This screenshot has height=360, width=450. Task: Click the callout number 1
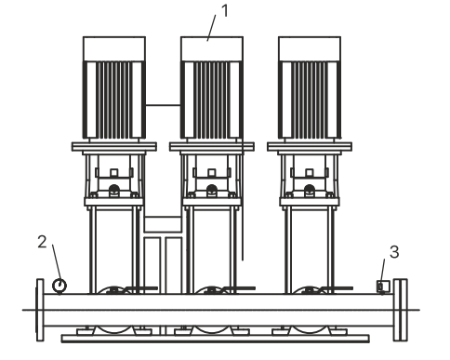pyautogui.click(x=225, y=11)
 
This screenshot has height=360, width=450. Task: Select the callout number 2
pyautogui.click(x=42, y=242)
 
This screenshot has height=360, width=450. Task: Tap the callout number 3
pyautogui.click(x=394, y=252)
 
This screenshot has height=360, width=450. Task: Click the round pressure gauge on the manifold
pyautogui.click(x=60, y=286)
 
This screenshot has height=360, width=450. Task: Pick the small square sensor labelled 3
pyautogui.click(x=383, y=287)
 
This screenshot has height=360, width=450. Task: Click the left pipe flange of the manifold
pyautogui.click(x=40, y=310)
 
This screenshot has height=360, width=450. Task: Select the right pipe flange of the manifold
pyautogui.click(x=401, y=310)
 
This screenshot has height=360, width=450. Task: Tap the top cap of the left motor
pyautogui.click(x=114, y=49)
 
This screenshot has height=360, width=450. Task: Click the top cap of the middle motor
pyautogui.click(x=212, y=49)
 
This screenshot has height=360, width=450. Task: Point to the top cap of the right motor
pyautogui.click(x=310, y=49)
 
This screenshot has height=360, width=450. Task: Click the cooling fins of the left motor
pyautogui.click(x=114, y=100)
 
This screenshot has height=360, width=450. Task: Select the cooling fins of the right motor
pyautogui.click(x=310, y=100)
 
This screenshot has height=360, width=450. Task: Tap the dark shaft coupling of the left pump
pyautogui.click(x=114, y=189)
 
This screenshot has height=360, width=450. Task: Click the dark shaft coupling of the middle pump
pyautogui.click(x=212, y=189)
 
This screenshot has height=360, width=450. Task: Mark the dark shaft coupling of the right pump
pyautogui.click(x=310, y=189)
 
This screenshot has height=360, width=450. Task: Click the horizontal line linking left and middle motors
pyautogui.click(x=163, y=105)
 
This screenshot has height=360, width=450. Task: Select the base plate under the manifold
pyautogui.click(x=216, y=339)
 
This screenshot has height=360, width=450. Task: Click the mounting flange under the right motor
pyautogui.click(x=310, y=146)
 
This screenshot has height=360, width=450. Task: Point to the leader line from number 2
pyautogui.click(x=57, y=262)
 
